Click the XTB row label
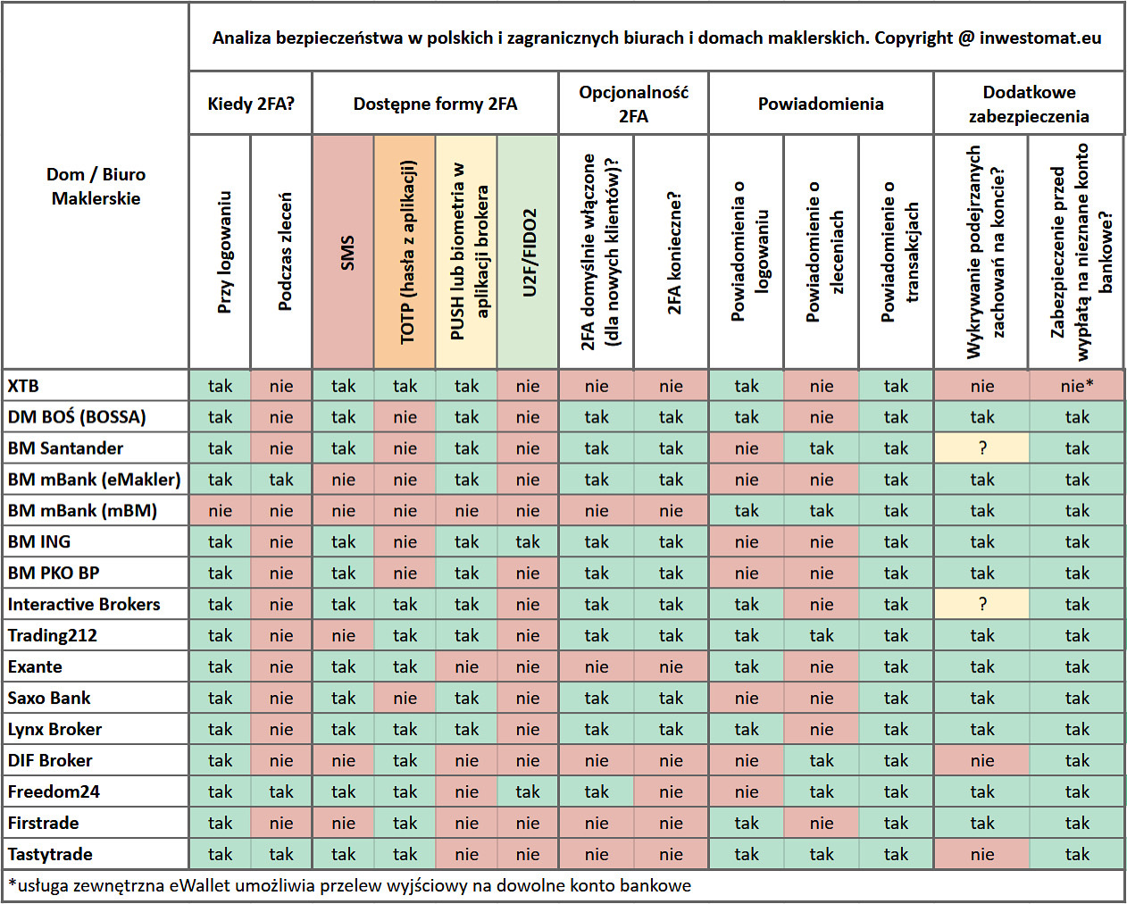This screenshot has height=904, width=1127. click(x=23, y=386)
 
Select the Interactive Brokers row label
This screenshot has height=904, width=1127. click(x=84, y=605)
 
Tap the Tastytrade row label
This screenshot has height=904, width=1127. click(x=50, y=855)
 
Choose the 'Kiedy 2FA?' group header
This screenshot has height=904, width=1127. click(x=251, y=104)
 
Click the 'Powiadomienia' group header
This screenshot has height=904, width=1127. click(x=821, y=104)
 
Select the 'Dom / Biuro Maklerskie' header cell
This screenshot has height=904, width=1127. click(x=96, y=187)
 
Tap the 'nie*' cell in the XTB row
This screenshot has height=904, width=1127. click(x=1077, y=386)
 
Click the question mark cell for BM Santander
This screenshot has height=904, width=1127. click(x=982, y=448)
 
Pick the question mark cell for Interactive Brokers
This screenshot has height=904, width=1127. click(x=982, y=605)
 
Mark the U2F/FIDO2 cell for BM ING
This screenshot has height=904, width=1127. click(x=528, y=542)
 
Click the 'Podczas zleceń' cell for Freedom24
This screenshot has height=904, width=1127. click(x=281, y=792)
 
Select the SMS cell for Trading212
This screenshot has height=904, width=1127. click(x=344, y=636)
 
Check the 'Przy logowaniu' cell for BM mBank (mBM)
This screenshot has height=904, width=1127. click(x=221, y=511)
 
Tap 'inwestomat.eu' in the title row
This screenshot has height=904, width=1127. click(x=1040, y=38)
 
